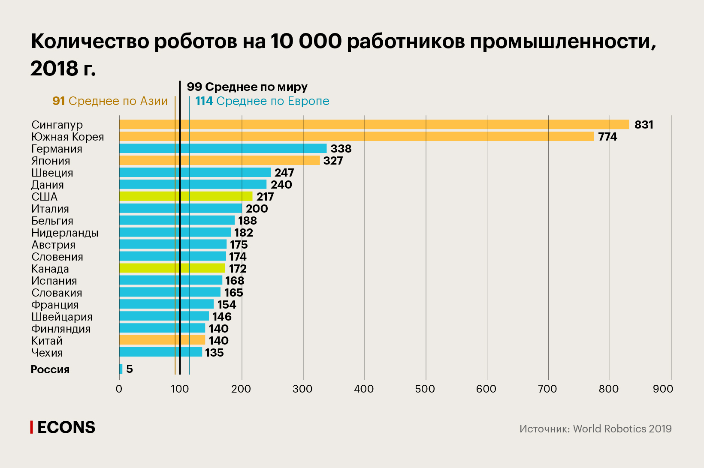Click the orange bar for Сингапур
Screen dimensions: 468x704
pyautogui.click(x=373, y=125)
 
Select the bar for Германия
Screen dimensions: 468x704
pyautogui.click(x=223, y=149)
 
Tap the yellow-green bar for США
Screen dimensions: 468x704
pyautogui.click(x=186, y=197)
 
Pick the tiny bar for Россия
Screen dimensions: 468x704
pyautogui.click(x=121, y=369)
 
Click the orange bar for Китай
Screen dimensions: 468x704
pyautogui.click(x=162, y=340)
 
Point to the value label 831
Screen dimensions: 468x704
pyautogui.click(x=644, y=125)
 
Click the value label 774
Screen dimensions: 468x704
pyautogui.click(x=607, y=137)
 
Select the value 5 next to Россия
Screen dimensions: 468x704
pyautogui.click(x=130, y=369)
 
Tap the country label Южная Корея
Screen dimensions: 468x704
pyautogui.click(x=68, y=137)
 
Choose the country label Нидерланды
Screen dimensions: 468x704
pyautogui.click(x=65, y=233)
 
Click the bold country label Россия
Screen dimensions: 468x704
pyautogui.click(x=50, y=369)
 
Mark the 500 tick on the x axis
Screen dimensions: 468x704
pyautogui.click(x=425, y=389)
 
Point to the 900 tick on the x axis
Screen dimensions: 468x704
pyautogui.click(x=663, y=389)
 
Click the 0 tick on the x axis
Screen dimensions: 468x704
pyautogui.click(x=119, y=389)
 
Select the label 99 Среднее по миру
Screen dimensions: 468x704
pyautogui.click(x=247, y=87)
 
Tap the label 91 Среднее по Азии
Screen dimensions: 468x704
pyautogui.click(x=110, y=101)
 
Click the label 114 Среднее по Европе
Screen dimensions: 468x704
pyautogui.click(x=262, y=101)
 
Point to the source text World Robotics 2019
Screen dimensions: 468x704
pyautogui.click(x=622, y=429)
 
